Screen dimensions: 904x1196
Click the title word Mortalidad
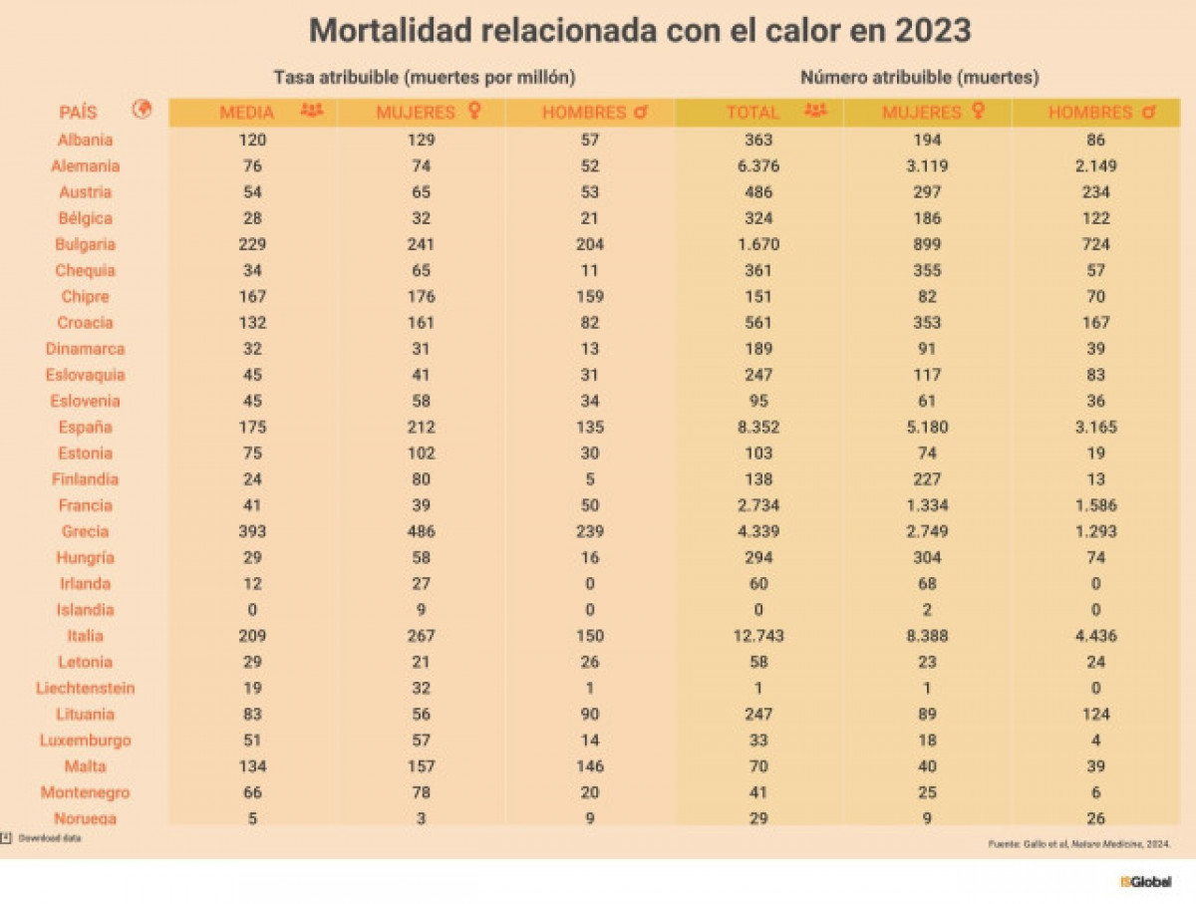(x=390, y=31)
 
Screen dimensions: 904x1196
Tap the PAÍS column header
(x=78, y=113)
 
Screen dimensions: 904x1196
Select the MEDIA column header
(x=246, y=113)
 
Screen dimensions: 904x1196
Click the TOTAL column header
(x=752, y=113)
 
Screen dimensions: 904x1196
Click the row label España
(x=85, y=428)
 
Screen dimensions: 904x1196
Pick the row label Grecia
(x=85, y=531)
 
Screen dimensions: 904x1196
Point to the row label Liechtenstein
(x=85, y=688)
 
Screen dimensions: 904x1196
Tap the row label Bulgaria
(x=85, y=244)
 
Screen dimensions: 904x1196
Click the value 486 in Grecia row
(x=422, y=531)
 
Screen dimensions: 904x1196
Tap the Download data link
(x=49, y=838)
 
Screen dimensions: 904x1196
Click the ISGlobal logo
(x=1145, y=882)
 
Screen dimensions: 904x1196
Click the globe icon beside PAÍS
(x=142, y=111)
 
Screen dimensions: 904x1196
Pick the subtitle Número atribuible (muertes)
(x=920, y=77)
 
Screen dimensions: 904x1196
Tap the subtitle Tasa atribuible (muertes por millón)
(x=425, y=77)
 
